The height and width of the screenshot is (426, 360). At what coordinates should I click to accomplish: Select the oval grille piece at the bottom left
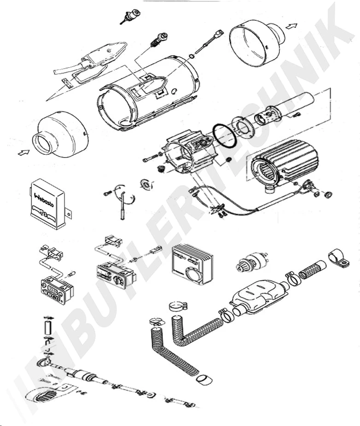[x=44, y=396]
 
